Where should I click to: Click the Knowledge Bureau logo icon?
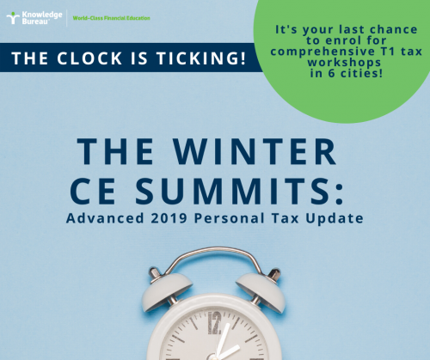(13, 18)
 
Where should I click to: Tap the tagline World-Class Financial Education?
(111, 18)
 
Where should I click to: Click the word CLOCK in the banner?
(89, 58)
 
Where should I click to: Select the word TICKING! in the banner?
(201, 58)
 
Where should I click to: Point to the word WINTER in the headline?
(255, 151)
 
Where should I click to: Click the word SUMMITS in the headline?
(232, 191)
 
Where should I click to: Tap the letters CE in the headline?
(93, 191)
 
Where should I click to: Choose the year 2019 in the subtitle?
(169, 218)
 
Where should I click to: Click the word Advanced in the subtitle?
(105, 218)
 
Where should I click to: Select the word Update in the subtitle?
(335, 218)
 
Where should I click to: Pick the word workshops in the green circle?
(344, 63)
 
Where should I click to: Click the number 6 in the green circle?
(331, 73)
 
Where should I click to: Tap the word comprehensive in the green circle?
(322, 52)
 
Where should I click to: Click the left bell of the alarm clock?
(167, 290)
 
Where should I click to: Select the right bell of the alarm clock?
(261, 290)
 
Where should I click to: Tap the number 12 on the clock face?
(214, 323)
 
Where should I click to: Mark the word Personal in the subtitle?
(230, 218)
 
